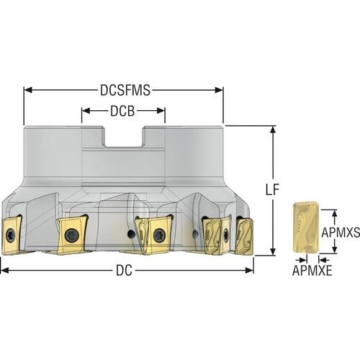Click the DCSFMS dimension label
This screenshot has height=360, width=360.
(x=125, y=91)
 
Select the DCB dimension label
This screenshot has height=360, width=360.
(x=122, y=111)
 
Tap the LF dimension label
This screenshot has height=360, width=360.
(x=273, y=190)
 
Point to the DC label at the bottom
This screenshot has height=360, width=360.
(x=124, y=271)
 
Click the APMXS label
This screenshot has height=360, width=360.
(x=341, y=232)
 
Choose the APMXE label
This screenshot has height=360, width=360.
(x=312, y=271)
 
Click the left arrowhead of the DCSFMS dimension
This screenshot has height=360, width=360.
(x=28, y=90)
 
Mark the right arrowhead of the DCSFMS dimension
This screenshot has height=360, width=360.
(x=219, y=90)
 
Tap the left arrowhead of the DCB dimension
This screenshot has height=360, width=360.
(x=86, y=111)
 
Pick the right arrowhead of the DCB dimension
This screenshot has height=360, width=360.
(x=161, y=111)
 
